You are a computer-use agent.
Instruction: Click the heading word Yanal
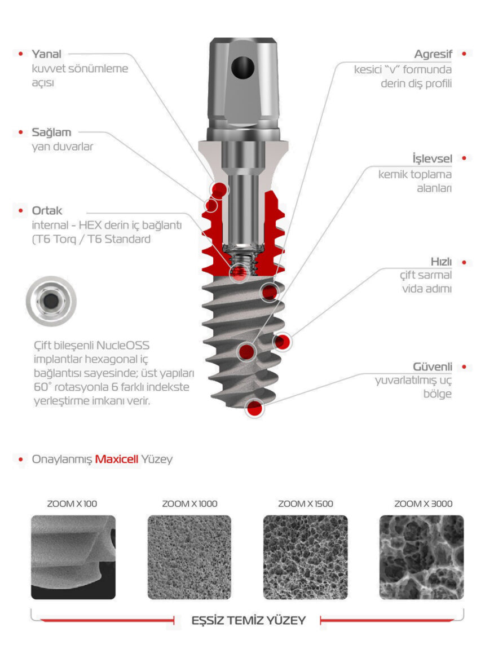(46, 54)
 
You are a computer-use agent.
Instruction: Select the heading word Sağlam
(51, 132)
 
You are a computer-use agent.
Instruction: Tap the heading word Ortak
(47, 211)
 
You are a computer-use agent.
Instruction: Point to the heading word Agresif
(433, 54)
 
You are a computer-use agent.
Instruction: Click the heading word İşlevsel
(431, 159)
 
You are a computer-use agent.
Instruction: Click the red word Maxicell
(116, 459)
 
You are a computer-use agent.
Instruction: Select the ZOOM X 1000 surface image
(189, 557)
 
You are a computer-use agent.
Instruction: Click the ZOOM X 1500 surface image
(305, 557)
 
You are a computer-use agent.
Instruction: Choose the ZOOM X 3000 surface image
(421, 557)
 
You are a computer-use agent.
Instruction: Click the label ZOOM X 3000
(423, 503)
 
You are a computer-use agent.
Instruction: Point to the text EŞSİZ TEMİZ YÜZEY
(248, 621)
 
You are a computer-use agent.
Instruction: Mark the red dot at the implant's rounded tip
(255, 409)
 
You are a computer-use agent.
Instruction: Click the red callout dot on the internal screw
(239, 273)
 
